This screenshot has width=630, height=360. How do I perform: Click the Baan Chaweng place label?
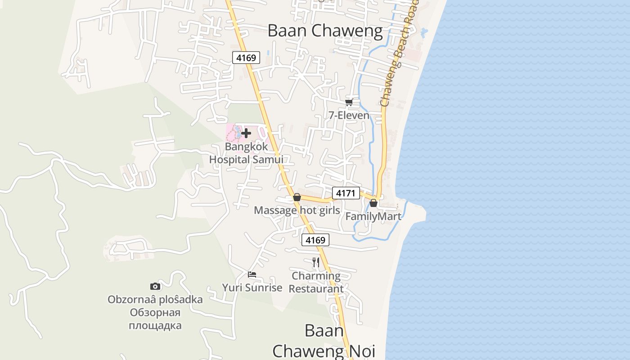[x=325, y=31]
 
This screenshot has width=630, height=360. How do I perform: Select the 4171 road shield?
[x=346, y=193]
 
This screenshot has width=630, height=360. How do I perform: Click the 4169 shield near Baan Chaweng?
[x=246, y=58]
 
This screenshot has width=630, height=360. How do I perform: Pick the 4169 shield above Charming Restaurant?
[x=315, y=240]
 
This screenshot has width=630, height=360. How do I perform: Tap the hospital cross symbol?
[x=246, y=133]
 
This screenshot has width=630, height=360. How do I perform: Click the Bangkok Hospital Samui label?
[x=246, y=153]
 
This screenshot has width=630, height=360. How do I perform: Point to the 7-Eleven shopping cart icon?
[x=349, y=103]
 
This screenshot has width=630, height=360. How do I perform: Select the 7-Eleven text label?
[x=349, y=116]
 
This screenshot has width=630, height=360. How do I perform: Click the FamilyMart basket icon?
[x=373, y=203]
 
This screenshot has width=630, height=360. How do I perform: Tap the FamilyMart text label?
[x=373, y=216]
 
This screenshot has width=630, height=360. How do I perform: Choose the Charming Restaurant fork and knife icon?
[x=316, y=262]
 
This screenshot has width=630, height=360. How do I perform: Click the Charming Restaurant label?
[x=316, y=282]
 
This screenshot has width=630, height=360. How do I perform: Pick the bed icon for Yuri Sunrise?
[x=252, y=274]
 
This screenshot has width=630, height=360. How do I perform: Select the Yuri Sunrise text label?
[x=252, y=288]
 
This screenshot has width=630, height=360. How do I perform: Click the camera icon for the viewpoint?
[x=155, y=286]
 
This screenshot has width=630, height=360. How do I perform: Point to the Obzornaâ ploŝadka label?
[x=155, y=299]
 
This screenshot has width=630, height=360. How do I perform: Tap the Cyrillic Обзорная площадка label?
[x=155, y=319]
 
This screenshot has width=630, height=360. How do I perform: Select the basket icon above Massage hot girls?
[x=297, y=197]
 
